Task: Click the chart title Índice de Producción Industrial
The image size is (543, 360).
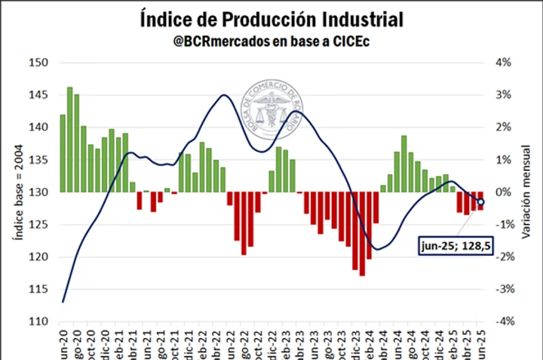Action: click(x=271, y=19)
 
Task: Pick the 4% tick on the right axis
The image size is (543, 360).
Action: click(x=504, y=63)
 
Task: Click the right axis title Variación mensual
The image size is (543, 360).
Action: click(x=526, y=192)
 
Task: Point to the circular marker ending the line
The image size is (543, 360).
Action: click(x=481, y=202)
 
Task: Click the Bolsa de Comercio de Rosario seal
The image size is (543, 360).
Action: click(x=271, y=112)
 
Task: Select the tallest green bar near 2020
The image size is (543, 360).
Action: click(x=69, y=140)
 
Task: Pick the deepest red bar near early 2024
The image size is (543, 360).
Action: click(x=362, y=234)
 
